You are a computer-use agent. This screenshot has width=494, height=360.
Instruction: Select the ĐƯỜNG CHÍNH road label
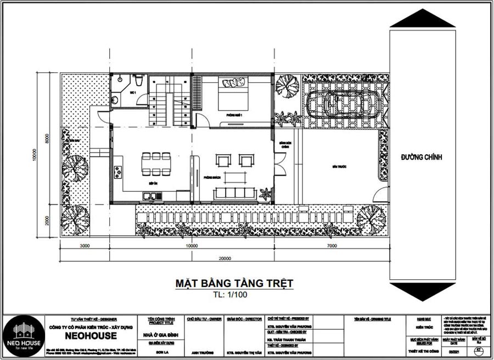(x=422, y=157)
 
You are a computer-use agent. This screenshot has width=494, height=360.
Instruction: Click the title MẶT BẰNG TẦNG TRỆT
(x=234, y=283)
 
